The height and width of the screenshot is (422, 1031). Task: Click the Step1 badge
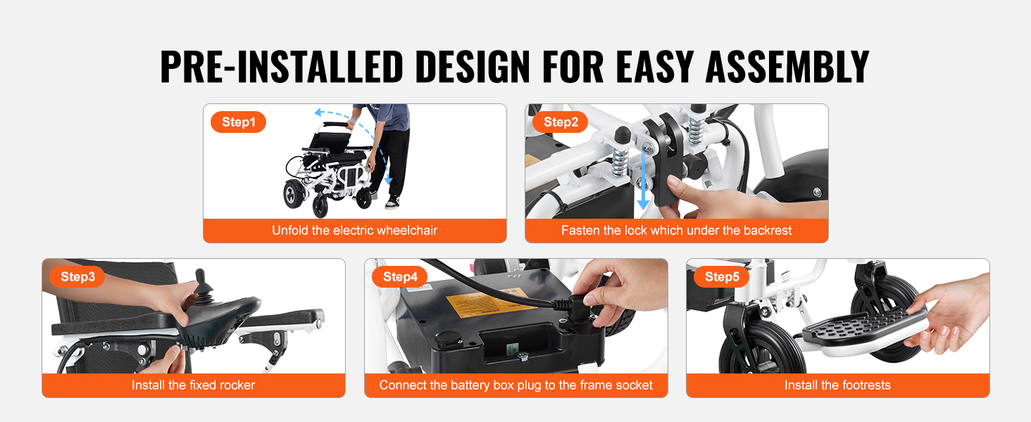pos(239,122)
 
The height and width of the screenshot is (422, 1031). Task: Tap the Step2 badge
pos(560,122)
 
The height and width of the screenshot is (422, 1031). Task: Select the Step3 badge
pos(77,276)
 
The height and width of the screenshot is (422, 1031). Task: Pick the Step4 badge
pos(399,276)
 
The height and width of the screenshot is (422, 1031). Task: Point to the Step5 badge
pos(722,276)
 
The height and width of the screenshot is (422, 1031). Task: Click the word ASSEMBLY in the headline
pos(787,67)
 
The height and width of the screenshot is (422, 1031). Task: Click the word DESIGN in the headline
pos(473,67)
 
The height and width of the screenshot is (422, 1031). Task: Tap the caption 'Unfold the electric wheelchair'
pos(354,230)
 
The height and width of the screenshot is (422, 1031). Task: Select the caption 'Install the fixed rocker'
pos(193,385)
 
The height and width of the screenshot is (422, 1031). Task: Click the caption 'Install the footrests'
pos(838,385)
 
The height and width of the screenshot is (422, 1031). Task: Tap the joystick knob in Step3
pos(201,276)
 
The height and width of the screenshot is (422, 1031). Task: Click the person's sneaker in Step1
pos(392,203)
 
